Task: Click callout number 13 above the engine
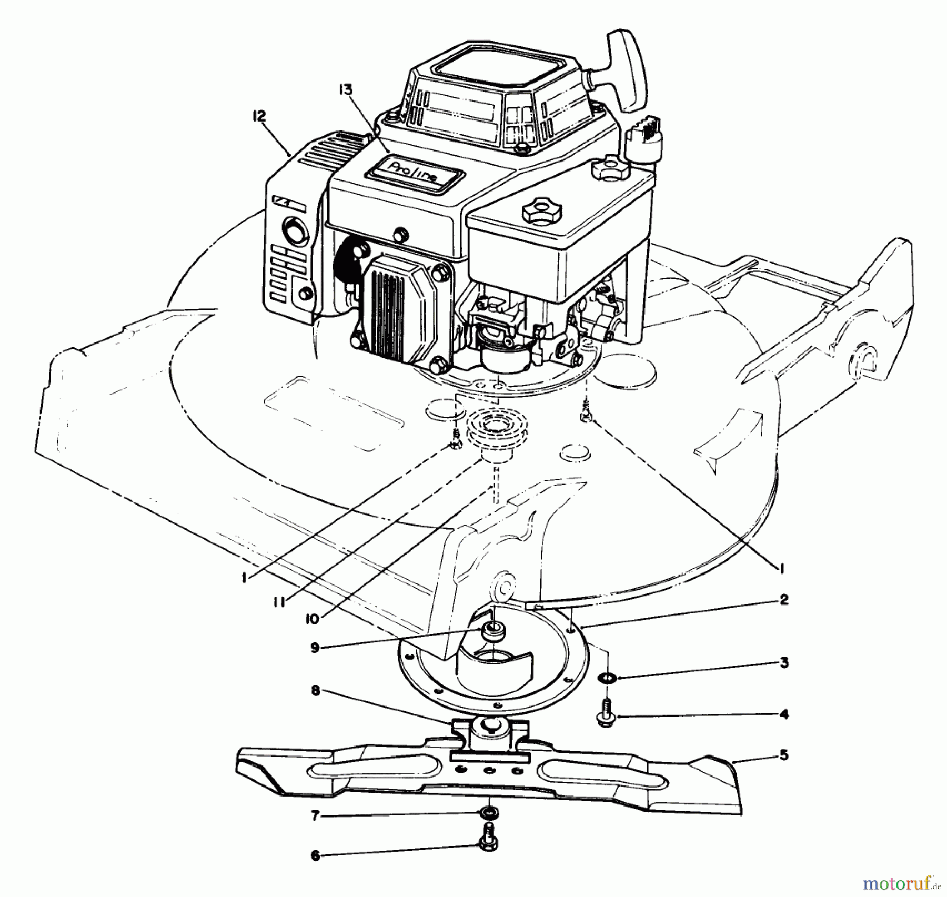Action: pos(346,90)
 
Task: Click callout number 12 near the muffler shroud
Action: pos(259,116)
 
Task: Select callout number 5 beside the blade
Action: pos(784,755)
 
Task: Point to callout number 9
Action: pos(315,648)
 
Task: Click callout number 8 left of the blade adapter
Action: pos(315,691)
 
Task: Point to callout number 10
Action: pos(313,619)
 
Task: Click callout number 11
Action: pos(279,602)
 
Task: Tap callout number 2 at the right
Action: pos(783,600)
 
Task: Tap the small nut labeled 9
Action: pos(493,630)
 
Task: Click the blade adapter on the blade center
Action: pos(489,737)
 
